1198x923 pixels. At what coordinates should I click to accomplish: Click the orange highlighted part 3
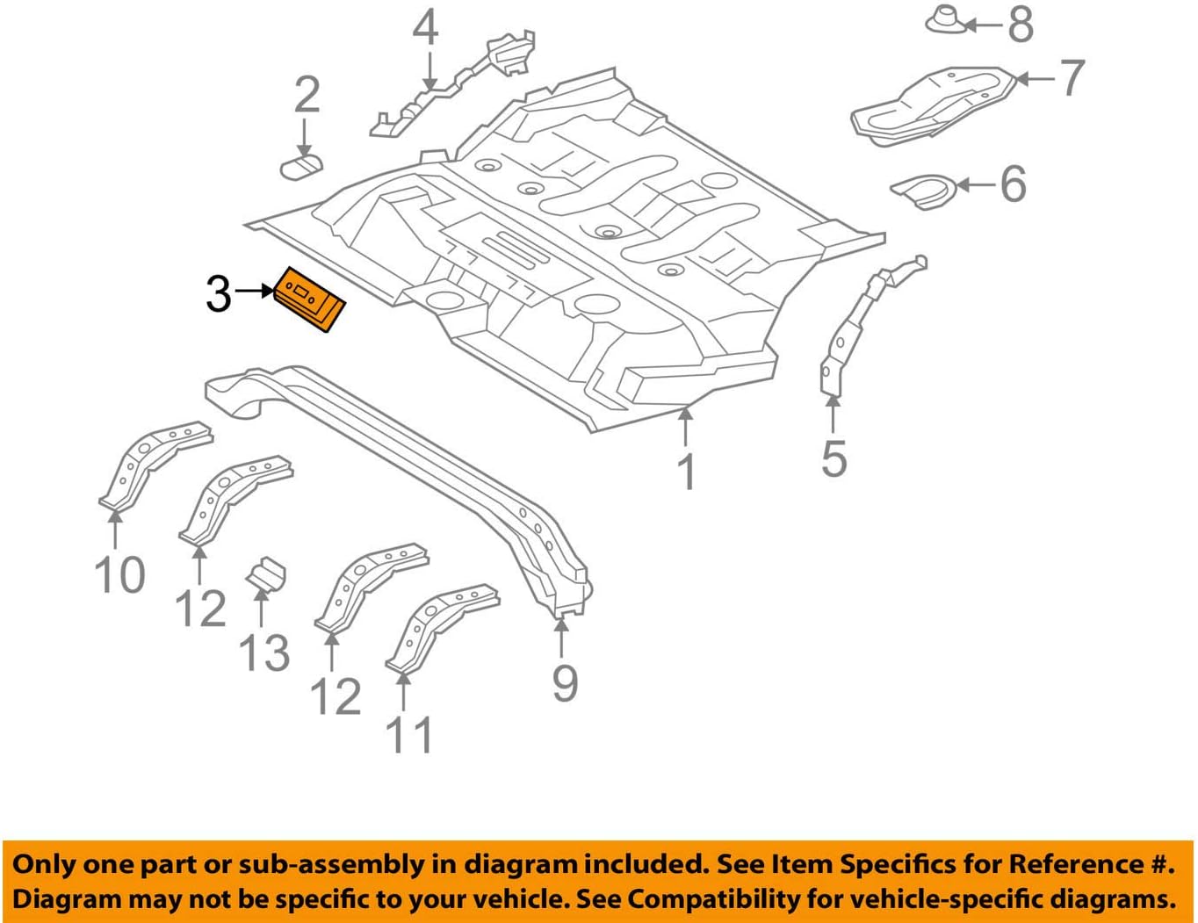click(x=310, y=299)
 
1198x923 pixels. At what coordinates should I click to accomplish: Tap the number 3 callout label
click(x=218, y=293)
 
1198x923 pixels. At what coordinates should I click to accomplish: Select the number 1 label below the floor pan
click(x=687, y=472)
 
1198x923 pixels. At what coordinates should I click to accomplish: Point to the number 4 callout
click(x=426, y=28)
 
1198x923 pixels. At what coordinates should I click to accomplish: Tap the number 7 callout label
click(x=1072, y=79)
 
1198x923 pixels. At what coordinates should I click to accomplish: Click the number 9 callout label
click(x=565, y=683)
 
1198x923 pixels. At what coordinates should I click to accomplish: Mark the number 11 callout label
click(x=409, y=736)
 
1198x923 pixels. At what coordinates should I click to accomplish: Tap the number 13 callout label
click(x=263, y=653)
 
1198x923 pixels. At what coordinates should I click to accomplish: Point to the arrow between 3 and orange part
click(x=256, y=291)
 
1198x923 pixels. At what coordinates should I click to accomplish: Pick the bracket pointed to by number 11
click(x=439, y=625)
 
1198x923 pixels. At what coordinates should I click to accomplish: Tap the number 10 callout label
click(x=119, y=576)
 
